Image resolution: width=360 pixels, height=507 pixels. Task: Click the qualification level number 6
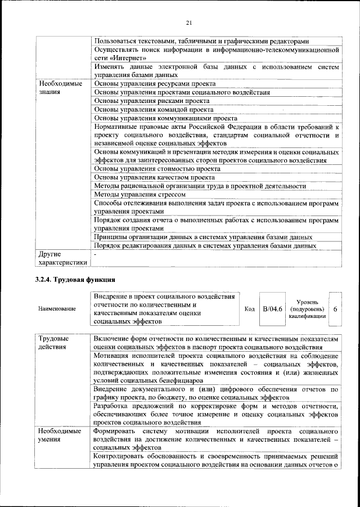335,309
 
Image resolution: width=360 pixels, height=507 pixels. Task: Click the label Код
250,309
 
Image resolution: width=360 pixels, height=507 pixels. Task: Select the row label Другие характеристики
62,258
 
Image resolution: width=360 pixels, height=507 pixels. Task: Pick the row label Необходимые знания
60,88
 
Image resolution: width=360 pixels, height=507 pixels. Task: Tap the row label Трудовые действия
53,343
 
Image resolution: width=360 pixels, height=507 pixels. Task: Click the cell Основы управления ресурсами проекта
155,84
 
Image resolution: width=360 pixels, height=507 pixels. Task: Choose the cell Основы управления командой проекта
154,110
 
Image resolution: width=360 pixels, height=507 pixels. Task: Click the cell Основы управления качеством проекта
155,177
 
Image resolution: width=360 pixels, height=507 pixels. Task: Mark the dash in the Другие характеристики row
96,254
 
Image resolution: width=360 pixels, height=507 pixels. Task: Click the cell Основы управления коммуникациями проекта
165,119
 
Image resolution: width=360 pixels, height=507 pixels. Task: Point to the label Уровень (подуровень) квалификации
307,309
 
